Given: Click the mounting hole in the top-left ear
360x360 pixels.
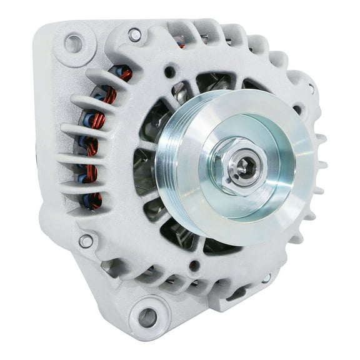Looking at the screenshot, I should point(74,43).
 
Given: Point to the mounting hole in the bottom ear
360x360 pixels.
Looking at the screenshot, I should point(148,317).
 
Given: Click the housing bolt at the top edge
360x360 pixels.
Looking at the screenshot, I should point(134,34).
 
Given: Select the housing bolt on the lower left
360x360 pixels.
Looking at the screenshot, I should point(86,241).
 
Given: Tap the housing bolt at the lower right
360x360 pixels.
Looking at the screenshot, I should point(266,277).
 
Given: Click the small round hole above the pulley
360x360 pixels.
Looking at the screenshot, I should point(170,72).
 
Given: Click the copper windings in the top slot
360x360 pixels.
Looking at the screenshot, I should point(125,75).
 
